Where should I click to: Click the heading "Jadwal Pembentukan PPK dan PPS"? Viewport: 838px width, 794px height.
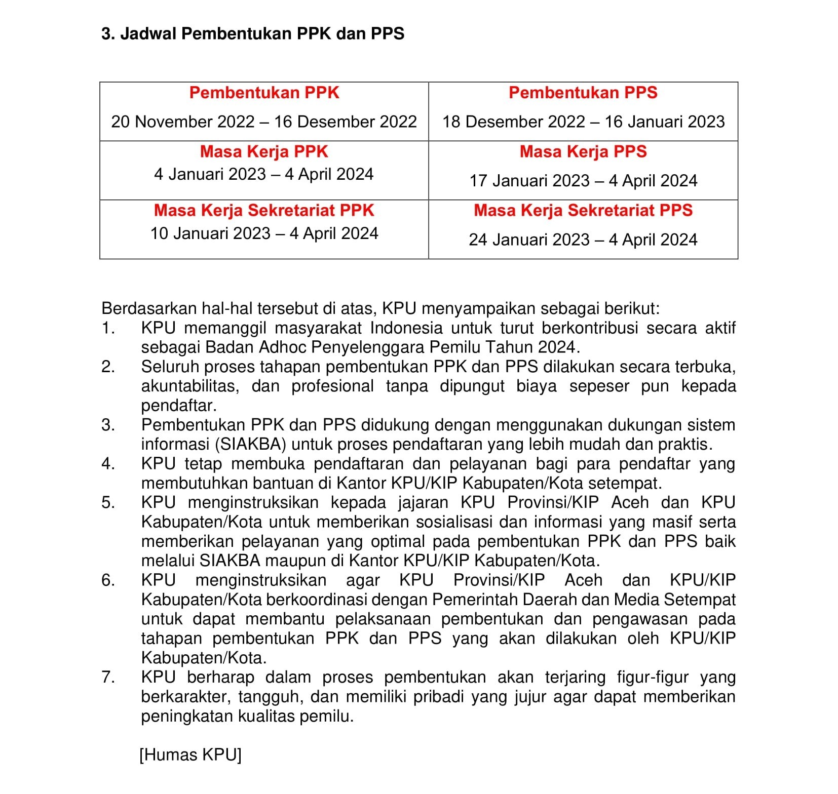(x=262, y=33)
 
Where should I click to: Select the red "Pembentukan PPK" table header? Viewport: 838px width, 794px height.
(x=264, y=93)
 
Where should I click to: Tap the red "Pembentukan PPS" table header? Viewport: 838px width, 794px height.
(x=583, y=93)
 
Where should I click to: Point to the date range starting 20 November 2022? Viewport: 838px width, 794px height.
(x=264, y=122)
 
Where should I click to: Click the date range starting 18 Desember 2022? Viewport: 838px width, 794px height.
(x=583, y=122)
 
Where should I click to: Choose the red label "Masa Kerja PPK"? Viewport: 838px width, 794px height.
(x=264, y=151)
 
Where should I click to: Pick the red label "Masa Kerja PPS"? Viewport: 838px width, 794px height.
(x=583, y=151)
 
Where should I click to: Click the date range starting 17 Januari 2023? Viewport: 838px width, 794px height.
(x=583, y=181)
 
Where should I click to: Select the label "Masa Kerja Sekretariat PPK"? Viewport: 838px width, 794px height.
(x=264, y=210)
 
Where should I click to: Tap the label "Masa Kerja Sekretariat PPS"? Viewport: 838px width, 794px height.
(x=583, y=210)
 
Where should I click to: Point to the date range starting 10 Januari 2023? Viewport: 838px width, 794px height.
(x=264, y=233)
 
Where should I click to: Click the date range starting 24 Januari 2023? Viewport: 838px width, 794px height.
(x=583, y=240)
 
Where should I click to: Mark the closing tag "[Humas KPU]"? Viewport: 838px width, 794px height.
(x=191, y=755)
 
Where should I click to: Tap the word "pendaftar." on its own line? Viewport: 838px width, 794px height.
(x=179, y=406)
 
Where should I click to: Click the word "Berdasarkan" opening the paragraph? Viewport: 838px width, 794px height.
(x=147, y=308)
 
